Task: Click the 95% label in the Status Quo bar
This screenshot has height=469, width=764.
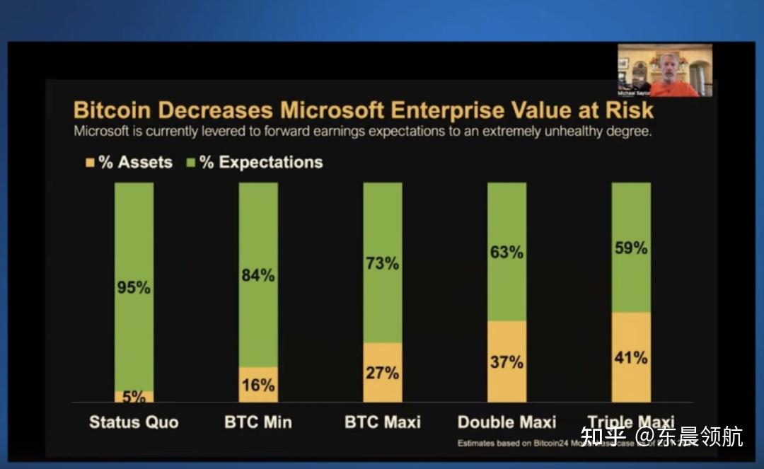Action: [x=134, y=288]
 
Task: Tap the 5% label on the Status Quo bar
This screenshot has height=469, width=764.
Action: [x=134, y=396]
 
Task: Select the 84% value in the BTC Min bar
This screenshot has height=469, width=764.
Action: [x=258, y=275]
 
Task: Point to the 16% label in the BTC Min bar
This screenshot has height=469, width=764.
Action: [x=258, y=385]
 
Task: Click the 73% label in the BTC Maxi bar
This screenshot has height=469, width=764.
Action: [x=383, y=263]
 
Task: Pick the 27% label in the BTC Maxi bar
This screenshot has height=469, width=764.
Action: [x=383, y=373]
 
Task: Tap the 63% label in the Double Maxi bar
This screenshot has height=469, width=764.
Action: [x=507, y=252]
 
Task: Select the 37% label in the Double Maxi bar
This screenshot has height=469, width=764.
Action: [x=507, y=362]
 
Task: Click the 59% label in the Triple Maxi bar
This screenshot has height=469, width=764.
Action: [x=631, y=248]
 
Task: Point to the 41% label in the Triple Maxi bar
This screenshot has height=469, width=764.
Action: [x=631, y=357]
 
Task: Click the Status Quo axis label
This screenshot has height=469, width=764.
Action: [x=134, y=422]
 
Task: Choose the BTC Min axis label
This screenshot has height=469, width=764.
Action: [x=258, y=422]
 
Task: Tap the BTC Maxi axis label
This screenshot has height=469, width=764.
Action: [x=383, y=422]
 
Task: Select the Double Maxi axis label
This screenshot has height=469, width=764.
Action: [x=507, y=422]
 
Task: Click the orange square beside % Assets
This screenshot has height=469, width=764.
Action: [x=90, y=162]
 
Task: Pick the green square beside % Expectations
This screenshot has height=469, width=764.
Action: [x=190, y=162]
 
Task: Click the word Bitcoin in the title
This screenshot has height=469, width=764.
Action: [x=113, y=110]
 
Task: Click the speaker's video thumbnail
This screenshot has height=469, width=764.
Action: [x=665, y=70]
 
